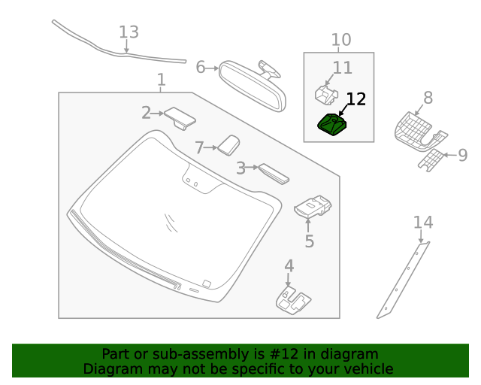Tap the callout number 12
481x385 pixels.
(355, 99)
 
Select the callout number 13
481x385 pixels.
(129, 32)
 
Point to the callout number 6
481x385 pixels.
(201, 67)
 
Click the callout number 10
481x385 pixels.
(340, 40)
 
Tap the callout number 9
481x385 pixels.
(463, 156)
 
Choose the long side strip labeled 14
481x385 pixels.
(403, 278)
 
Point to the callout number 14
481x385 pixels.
(423, 223)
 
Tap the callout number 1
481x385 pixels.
(161, 80)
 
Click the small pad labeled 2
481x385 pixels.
(180, 117)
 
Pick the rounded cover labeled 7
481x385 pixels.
(228, 144)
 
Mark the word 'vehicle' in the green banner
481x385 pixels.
(367, 368)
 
